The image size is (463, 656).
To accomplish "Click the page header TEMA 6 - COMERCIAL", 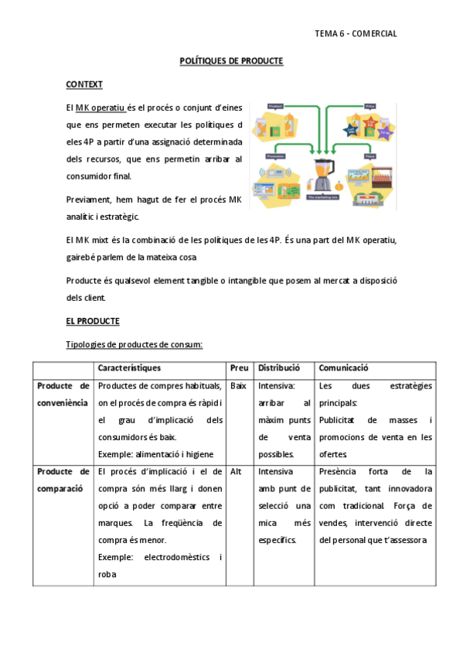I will tap(356, 33).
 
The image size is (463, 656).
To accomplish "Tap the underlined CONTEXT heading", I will tap(84, 84).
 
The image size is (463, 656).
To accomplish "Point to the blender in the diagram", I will tap(321, 175).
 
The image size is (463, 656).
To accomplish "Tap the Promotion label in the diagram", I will tap(275, 155).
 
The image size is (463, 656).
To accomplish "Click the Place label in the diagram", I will tap(369, 155).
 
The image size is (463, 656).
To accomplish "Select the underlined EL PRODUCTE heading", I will tap(93, 320).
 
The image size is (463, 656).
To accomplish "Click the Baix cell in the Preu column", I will tap(238, 385).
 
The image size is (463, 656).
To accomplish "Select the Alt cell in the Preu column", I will tap(237, 470).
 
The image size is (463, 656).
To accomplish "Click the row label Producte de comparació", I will tap(63, 479).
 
